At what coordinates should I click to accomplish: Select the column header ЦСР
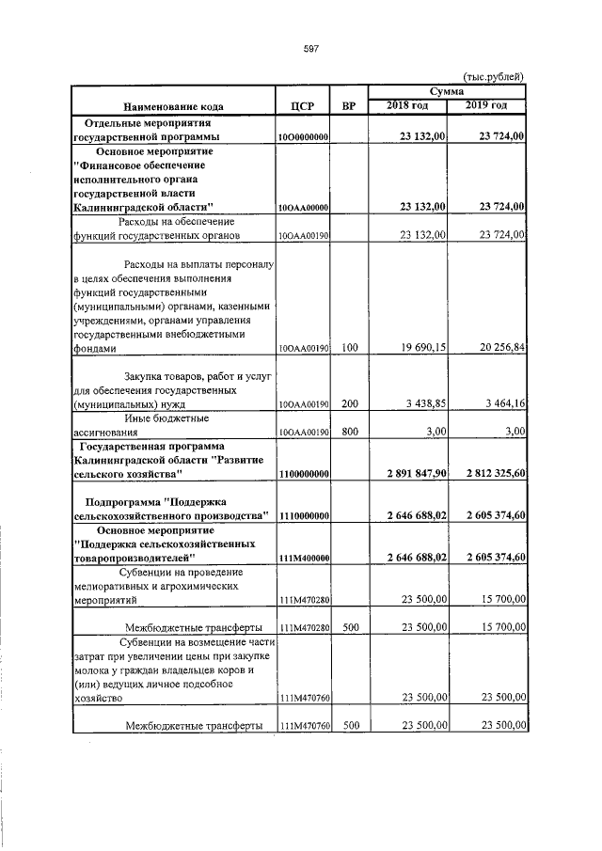(x=303, y=104)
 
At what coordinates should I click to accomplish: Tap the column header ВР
(x=350, y=104)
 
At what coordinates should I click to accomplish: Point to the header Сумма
(x=447, y=91)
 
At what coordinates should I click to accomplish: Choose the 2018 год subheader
(x=408, y=104)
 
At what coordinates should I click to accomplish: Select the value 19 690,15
(x=421, y=348)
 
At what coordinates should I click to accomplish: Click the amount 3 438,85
(x=424, y=403)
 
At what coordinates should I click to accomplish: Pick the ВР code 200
(x=350, y=403)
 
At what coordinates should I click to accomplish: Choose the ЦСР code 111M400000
(x=303, y=559)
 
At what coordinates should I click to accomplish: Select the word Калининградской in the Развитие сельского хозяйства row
(x=122, y=460)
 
